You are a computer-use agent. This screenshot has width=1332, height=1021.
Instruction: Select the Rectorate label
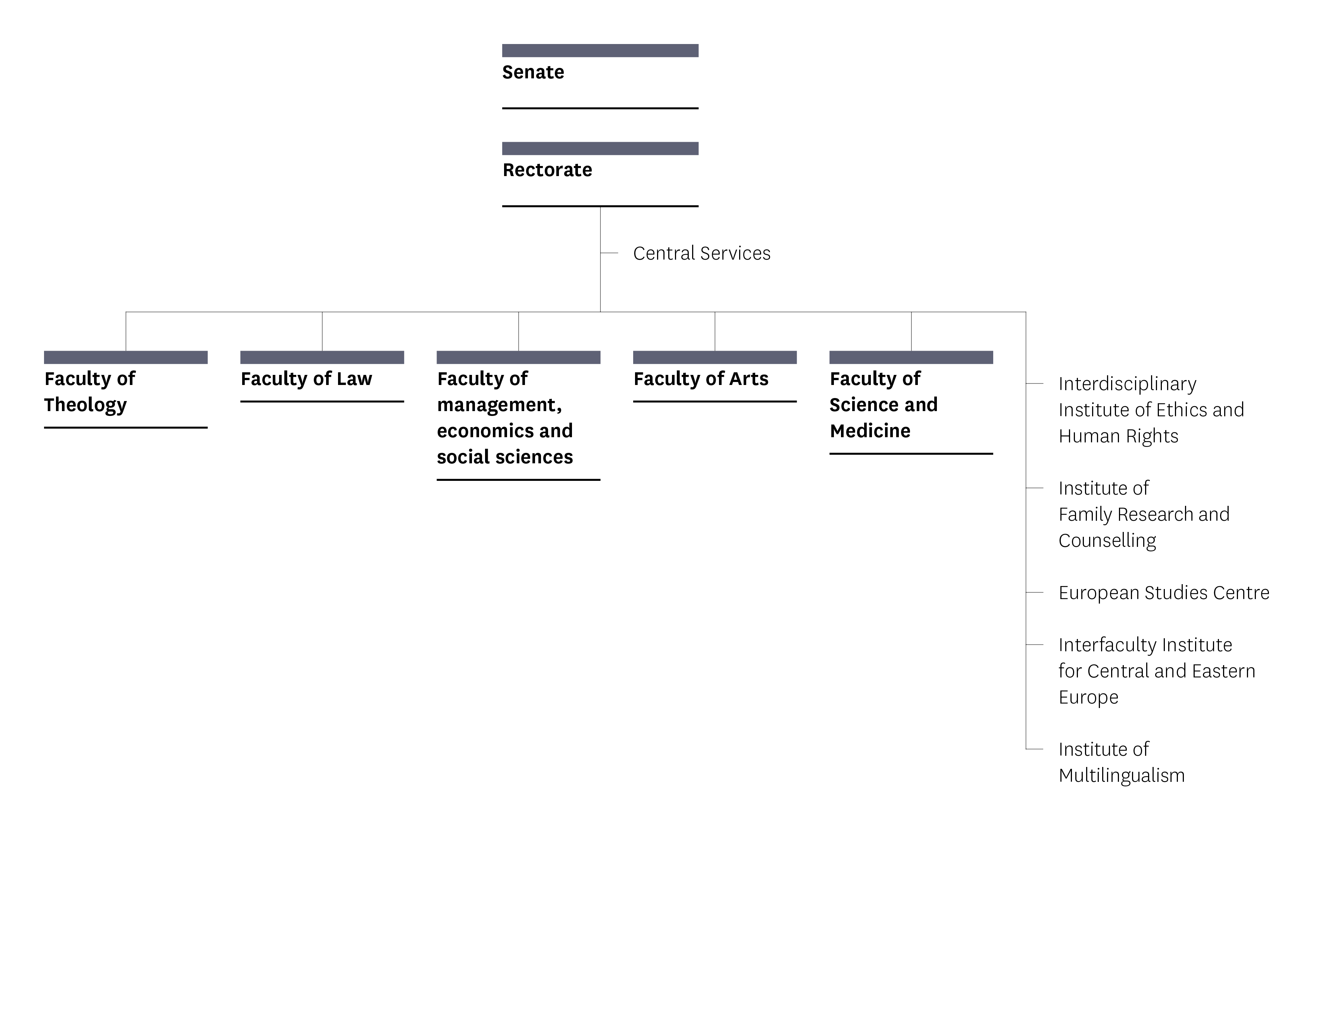coord(547,170)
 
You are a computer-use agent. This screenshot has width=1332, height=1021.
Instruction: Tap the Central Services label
coord(701,253)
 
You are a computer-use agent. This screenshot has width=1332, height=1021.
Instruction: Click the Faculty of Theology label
coord(90,392)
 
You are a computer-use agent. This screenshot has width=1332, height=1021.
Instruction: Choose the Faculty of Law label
coord(306,379)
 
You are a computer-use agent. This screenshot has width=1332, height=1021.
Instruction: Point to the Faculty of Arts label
coord(701,379)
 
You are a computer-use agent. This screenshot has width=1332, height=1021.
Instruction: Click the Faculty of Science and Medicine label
coord(884,405)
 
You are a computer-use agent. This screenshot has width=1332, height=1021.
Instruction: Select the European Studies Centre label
coord(1164,592)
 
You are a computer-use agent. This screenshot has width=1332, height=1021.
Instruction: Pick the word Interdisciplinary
coord(1127,384)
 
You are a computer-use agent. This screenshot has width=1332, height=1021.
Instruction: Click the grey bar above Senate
coord(600,50)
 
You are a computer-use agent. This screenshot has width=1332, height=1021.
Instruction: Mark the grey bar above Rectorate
coord(600,149)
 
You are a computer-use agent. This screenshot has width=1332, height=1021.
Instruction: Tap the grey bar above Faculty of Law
coord(322,357)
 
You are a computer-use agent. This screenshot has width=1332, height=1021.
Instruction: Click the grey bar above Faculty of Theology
coord(126,357)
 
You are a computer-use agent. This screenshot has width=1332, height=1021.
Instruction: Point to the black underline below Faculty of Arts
coord(715,402)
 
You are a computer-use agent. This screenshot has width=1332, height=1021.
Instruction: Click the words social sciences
coord(504,457)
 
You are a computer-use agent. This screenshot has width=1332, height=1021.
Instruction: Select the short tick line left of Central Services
coord(609,253)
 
